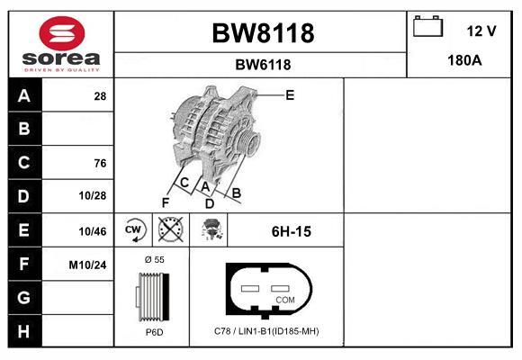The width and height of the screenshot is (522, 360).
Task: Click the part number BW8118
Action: pyautogui.click(x=263, y=33)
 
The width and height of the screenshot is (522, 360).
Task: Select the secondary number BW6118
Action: pyautogui.click(x=263, y=65)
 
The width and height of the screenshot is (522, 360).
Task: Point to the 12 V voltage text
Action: pyautogui.click(x=481, y=31)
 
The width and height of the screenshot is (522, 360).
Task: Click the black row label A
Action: pyautogui.click(x=24, y=95)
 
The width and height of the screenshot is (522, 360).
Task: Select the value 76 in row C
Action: pyautogui.click(x=100, y=163)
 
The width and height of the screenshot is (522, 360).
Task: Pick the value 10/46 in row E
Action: pyautogui.click(x=93, y=231)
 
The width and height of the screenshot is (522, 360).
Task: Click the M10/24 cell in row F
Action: pyautogui.click(x=88, y=265)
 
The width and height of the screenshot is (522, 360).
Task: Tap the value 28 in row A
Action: pyautogui.click(x=100, y=95)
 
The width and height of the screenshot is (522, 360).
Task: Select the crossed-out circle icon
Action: pyautogui.click(x=170, y=230)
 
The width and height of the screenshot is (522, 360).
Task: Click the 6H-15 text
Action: pyautogui.click(x=291, y=231)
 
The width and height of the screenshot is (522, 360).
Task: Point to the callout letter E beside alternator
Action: pyautogui.click(x=290, y=94)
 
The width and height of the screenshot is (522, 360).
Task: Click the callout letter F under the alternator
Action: pyautogui.click(x=165, y=202)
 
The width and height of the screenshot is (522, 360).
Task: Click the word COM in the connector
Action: pyautogui.click(x=284, y=299)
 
